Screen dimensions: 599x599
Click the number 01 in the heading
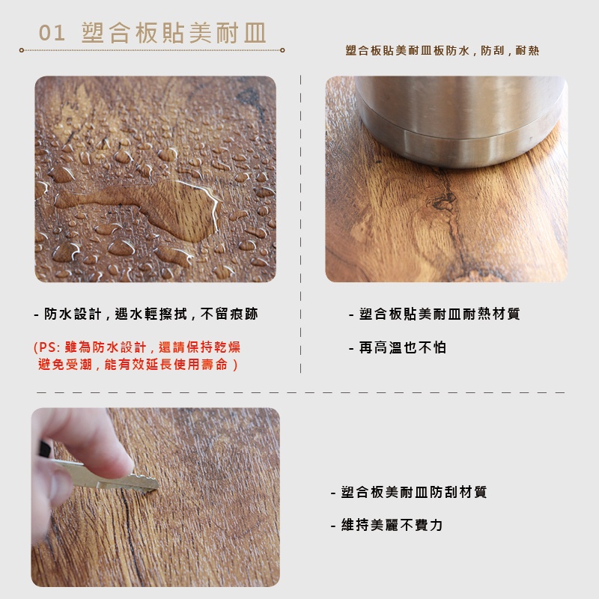point(51,32)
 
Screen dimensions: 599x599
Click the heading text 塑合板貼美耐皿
point(174,33)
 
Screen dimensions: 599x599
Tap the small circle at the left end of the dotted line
point(22,50)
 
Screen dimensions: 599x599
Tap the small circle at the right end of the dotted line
point(282,50)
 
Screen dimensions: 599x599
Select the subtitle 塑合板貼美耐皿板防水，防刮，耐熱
point(442,50)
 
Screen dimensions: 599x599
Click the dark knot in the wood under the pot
point(443,201)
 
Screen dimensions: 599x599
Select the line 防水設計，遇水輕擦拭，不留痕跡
point(145,314)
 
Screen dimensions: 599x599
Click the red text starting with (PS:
point(137,347)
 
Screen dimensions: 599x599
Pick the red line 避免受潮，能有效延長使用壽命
point(137,365)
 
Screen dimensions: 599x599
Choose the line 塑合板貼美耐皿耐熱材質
point(434,314)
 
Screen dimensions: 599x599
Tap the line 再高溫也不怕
point(398,347)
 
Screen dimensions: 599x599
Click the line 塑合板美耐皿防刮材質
point(408,492)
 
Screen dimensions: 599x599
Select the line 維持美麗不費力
point(386,526)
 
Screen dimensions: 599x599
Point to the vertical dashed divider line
point(301,224)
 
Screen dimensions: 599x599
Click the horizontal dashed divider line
point(301,392)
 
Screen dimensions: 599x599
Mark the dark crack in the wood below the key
point(130,535)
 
